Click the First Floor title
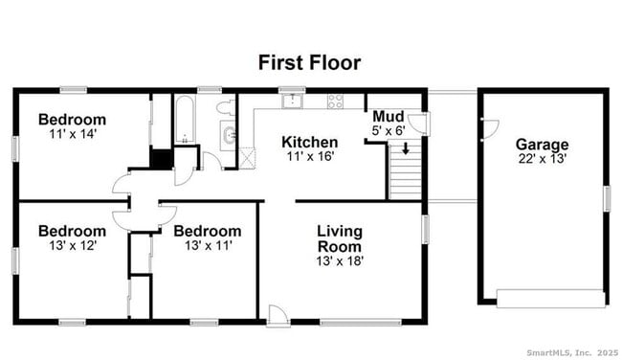pos(308,63)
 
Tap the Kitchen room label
pos(309,142)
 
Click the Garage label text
pos(542,145)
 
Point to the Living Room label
pos(340,238)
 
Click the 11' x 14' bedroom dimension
pos(72,134)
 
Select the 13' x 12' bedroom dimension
pos(72,245)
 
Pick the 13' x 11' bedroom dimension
pos(207,245)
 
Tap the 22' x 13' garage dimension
pos(542,159)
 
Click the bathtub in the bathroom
pos(184,120)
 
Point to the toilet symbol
pos(225,107)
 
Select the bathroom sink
pos(228,133)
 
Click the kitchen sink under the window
pos(292,100)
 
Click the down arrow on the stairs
pos(405,149)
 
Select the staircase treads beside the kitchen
pos(404,172)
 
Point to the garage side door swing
pos(489,126)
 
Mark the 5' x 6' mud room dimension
pos(387,130)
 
